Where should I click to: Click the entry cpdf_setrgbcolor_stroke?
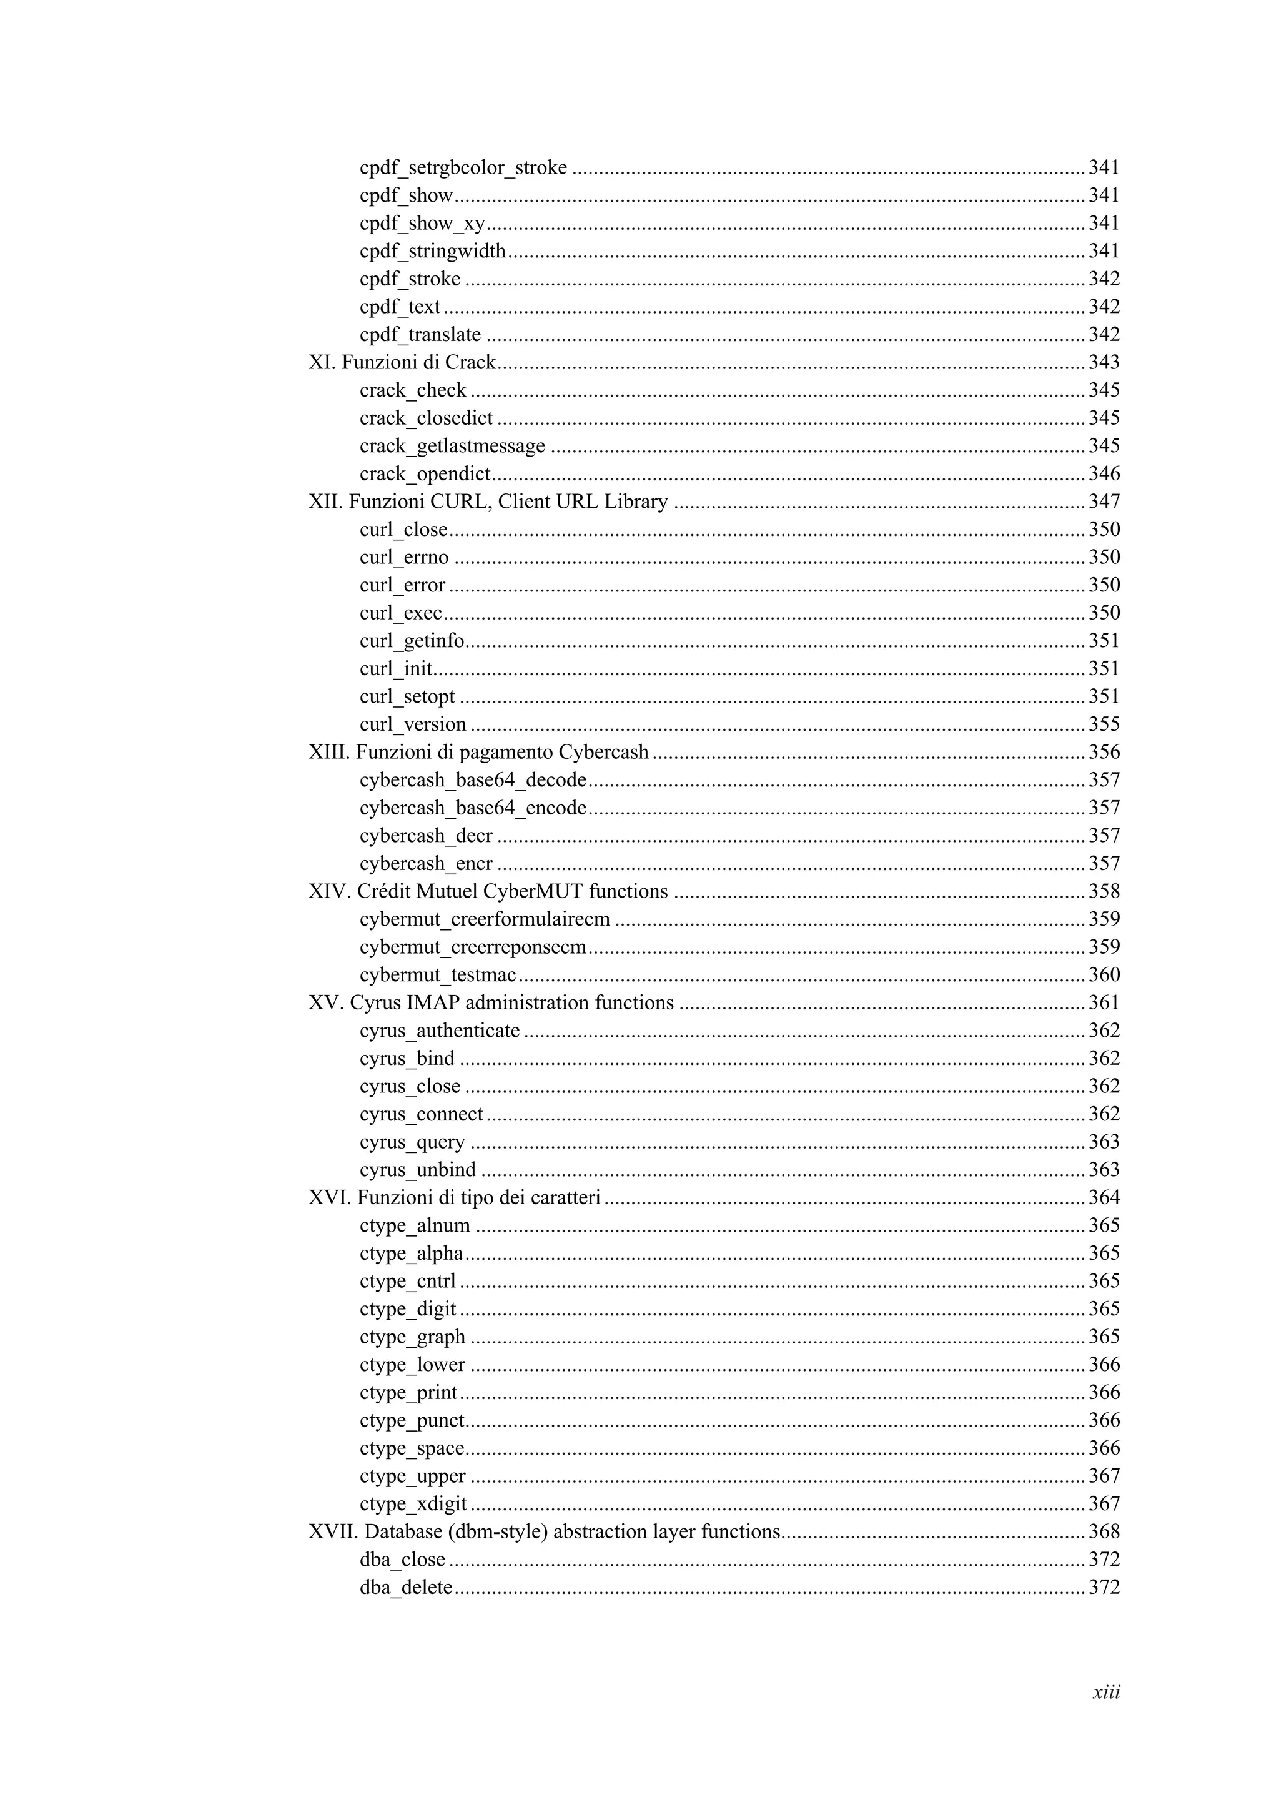pos(463,168)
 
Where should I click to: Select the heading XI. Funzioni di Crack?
pos(402,363)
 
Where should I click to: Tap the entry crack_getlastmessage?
pos(452,446)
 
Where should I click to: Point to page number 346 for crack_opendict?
pos(1104,474)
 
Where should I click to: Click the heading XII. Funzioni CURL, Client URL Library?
pos(488,502)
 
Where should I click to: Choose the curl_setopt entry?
pos(407,697)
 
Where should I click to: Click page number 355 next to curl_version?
pos(1104,724)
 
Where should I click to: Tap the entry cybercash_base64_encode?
pos(473,808)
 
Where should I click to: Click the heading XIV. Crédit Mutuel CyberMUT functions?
pos(488,892)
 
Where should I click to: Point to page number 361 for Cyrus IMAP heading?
pos(1104,1003)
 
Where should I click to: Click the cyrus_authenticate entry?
pos(440,1031)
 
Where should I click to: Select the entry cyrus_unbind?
pos(418,1170)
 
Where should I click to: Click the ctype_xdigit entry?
pos(413,1504)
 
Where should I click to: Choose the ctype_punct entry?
pos(412,1420)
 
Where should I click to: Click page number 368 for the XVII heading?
pos(1104,1531)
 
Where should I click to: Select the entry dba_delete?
pos(406,1588)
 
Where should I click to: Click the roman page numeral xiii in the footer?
pos(1105,1693)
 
